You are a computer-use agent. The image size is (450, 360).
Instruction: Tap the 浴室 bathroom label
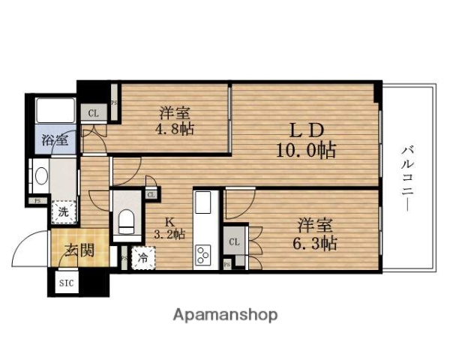55,139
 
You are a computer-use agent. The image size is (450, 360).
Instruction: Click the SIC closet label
66,283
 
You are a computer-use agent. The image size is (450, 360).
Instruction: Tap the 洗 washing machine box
64,211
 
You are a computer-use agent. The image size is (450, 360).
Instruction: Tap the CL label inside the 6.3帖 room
233,242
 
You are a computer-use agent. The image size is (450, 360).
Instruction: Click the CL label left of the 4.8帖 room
94,114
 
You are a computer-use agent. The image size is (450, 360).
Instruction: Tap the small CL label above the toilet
151,195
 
